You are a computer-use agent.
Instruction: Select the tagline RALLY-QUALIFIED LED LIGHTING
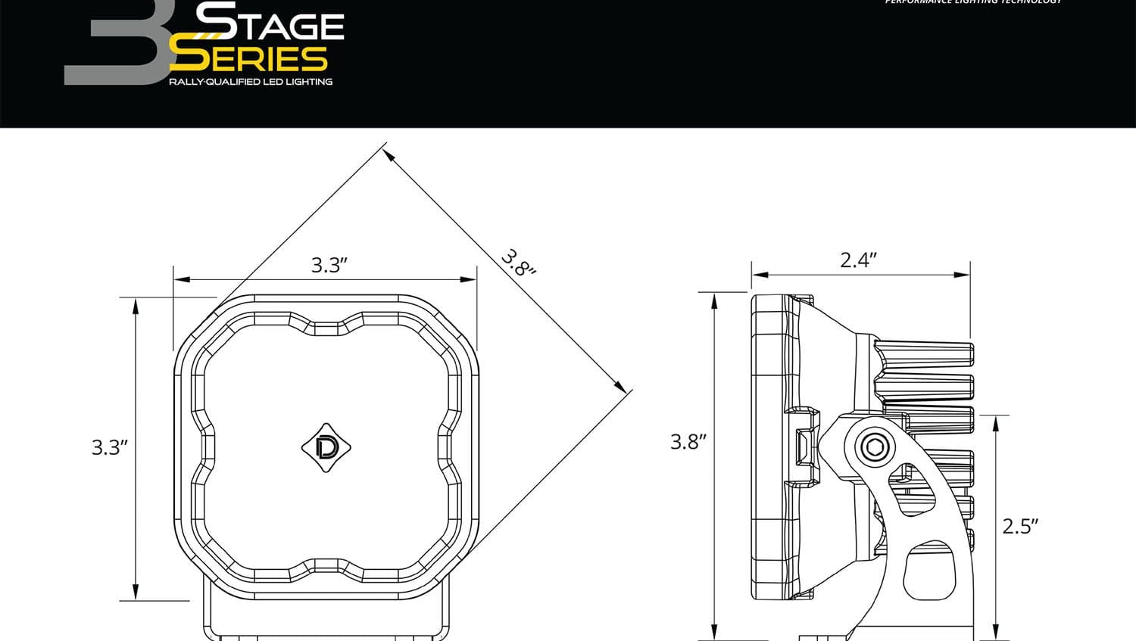click(x=251, y=82)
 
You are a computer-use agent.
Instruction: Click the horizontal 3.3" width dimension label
click(x=329, y=265)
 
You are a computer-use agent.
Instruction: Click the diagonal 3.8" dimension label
click(x=519, y=263)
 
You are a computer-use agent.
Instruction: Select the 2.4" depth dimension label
click(x=858, y=260)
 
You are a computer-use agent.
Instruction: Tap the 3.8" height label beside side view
click(x=688, y=442)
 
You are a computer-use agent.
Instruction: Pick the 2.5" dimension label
click(x=1019, y=526)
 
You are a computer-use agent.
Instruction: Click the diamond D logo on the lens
click(x=326, y=448)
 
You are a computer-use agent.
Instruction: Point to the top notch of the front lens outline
click(x=326, y=328)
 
